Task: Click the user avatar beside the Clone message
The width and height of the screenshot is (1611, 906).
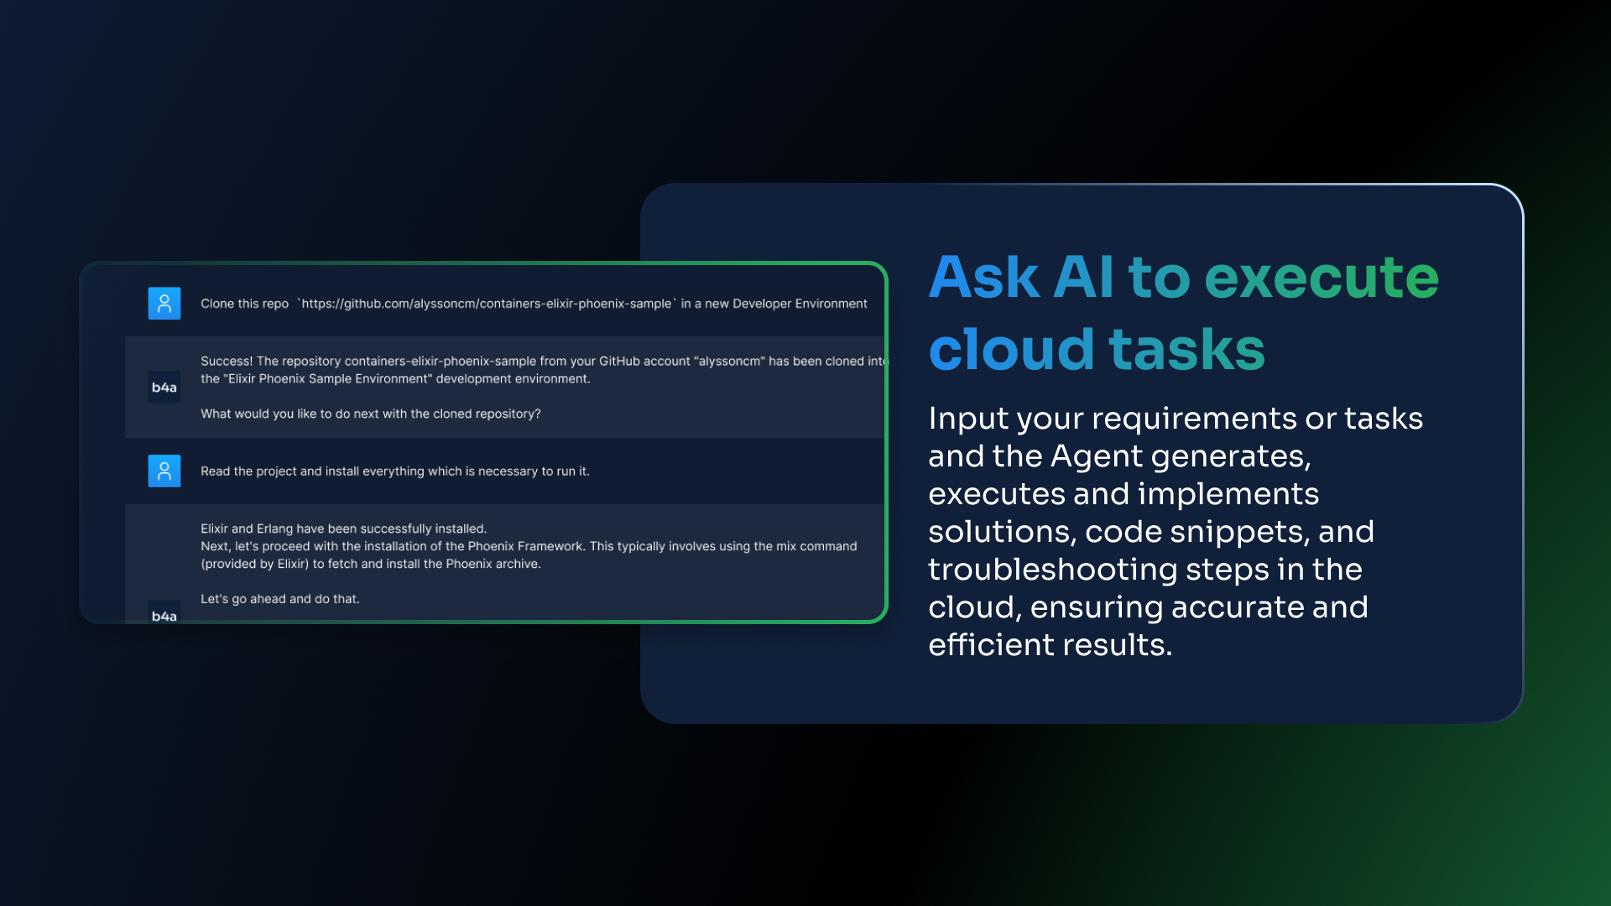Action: point(164,304)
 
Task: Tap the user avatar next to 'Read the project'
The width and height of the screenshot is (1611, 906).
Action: point(164,471)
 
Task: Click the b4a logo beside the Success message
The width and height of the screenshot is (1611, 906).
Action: point(164,388)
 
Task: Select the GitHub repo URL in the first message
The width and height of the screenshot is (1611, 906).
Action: point(487,304)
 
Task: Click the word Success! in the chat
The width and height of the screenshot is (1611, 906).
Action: point(227,362)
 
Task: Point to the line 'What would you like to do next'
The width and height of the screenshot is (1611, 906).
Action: point(371,414)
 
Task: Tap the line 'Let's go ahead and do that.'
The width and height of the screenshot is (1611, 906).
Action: point(280,599)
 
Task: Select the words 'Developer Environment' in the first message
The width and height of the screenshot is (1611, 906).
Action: point(800,304)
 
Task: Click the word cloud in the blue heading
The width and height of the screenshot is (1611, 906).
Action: point(1011,349)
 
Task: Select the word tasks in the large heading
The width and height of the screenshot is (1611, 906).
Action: point(1186,351)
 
